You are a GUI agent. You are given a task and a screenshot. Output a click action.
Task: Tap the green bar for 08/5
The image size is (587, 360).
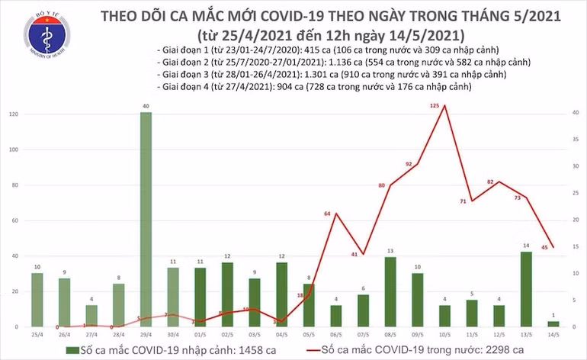(390, 292)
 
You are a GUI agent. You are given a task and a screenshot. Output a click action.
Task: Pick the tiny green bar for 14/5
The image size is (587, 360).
(553, 323)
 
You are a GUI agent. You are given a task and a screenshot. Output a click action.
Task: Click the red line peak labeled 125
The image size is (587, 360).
(444, 105)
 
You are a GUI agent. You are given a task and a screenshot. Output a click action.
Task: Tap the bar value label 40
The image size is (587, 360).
(145, 106)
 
